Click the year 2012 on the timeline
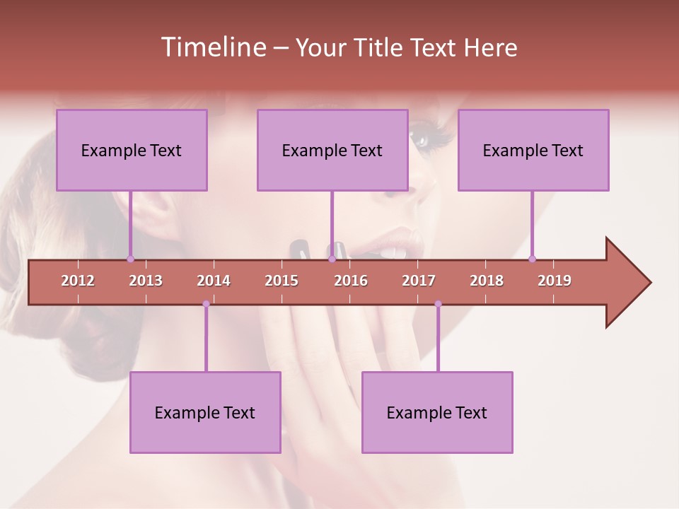pos(78,281)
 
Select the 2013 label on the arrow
pos(146,281)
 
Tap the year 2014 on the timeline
pos(214,281)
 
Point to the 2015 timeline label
pos(282,281)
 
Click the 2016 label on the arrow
pos(351,281)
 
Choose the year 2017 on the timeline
pos(419,281)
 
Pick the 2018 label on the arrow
pos(487,281)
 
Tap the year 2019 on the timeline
pos(555,281)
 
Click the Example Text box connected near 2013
pos(132,151)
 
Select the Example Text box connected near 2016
pos(332,151)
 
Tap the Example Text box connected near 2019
pos(533,151)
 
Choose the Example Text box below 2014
pos(205,412)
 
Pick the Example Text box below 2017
pos(437,412)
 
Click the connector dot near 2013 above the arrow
pos(130,259)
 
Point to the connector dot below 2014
pos(206,303)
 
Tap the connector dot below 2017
pos(438,303)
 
